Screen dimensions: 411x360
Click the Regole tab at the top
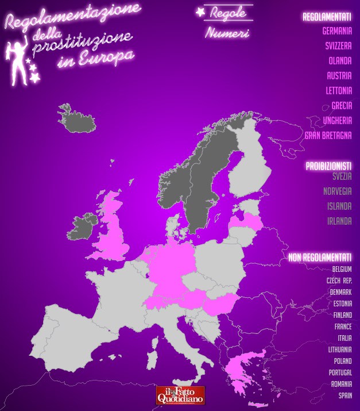[228, 12]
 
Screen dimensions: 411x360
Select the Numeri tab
[227, 33]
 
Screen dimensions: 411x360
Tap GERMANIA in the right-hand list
[337, 30]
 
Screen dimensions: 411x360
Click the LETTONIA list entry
[339, 90]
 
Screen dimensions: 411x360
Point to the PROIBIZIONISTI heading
[328, 166]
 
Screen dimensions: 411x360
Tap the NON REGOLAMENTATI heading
[320, 257]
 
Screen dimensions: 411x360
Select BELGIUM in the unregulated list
[342, 269]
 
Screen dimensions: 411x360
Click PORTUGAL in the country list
[340, 372]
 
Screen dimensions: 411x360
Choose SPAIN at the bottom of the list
[345, 395]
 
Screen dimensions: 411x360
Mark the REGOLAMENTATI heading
[327, 17]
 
